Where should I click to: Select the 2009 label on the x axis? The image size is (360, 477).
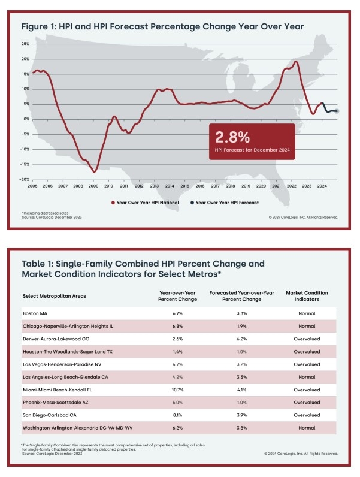tap(95, 187)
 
